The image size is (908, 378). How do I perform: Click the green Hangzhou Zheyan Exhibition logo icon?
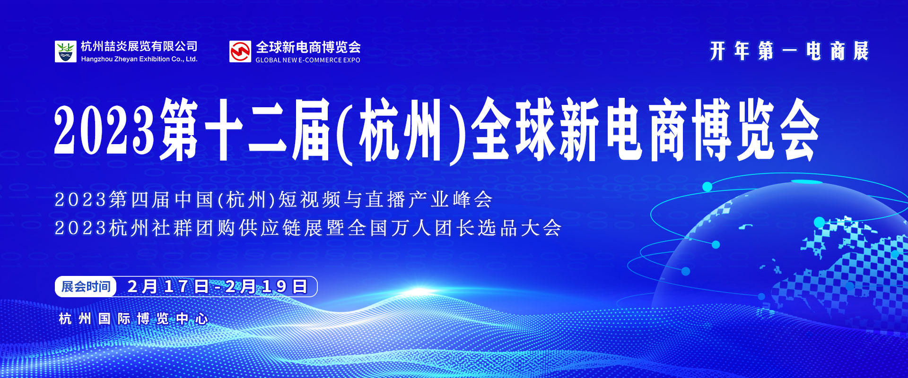coord(65,52)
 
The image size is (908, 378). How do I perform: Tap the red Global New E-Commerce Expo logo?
coord(240,52)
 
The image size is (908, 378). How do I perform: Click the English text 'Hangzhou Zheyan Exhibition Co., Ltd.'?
coord(139,59)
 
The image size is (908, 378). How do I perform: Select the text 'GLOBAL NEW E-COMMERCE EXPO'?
coord(308,60)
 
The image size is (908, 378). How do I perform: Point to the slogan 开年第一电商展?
coord(789,51)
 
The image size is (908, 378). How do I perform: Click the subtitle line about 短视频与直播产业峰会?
coord(274,200)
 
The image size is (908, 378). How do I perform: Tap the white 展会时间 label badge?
coord(86,287)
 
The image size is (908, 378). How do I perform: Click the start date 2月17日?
coord(168,287)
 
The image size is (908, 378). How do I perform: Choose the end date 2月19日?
coord(266,287)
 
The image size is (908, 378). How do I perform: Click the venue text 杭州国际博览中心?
coord(133,319)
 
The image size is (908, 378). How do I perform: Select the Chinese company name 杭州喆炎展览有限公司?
coord(139,46)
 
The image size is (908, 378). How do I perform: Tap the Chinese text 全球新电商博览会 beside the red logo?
coord(308,47)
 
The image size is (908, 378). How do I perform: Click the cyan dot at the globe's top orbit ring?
coord(707,187)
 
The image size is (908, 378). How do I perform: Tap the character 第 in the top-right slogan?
coord(766,51)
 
